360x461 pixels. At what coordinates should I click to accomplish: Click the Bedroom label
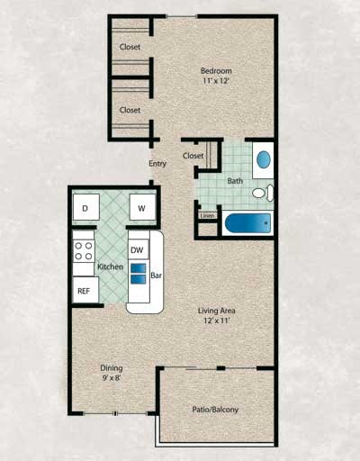pyautogui.click(x=216, y=71)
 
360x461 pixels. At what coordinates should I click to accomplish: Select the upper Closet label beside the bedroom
pyautogui.click(x=130, y=48)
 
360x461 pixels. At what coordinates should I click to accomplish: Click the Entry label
pyautogui.click(x=157, y=163)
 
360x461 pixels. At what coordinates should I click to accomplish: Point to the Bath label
pyautogui.click(x=235, y=181)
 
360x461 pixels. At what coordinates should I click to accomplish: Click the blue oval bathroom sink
pyautogui.click(x=264, y=160)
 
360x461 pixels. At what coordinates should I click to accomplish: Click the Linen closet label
pyautogui.click(x=207, y=216)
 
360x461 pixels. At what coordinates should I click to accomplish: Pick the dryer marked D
pyautogui.click(x=85, y=208)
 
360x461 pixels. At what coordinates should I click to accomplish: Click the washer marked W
pyautogui.click(x=141, y=208)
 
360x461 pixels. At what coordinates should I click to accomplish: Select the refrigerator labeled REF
pyautogui.click(x=84, y=290)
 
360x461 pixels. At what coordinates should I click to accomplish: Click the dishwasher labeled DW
pyautogui.click(x=138, y=249)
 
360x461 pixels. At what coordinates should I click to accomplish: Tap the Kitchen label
pyautogui.click(x=110, y=267)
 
